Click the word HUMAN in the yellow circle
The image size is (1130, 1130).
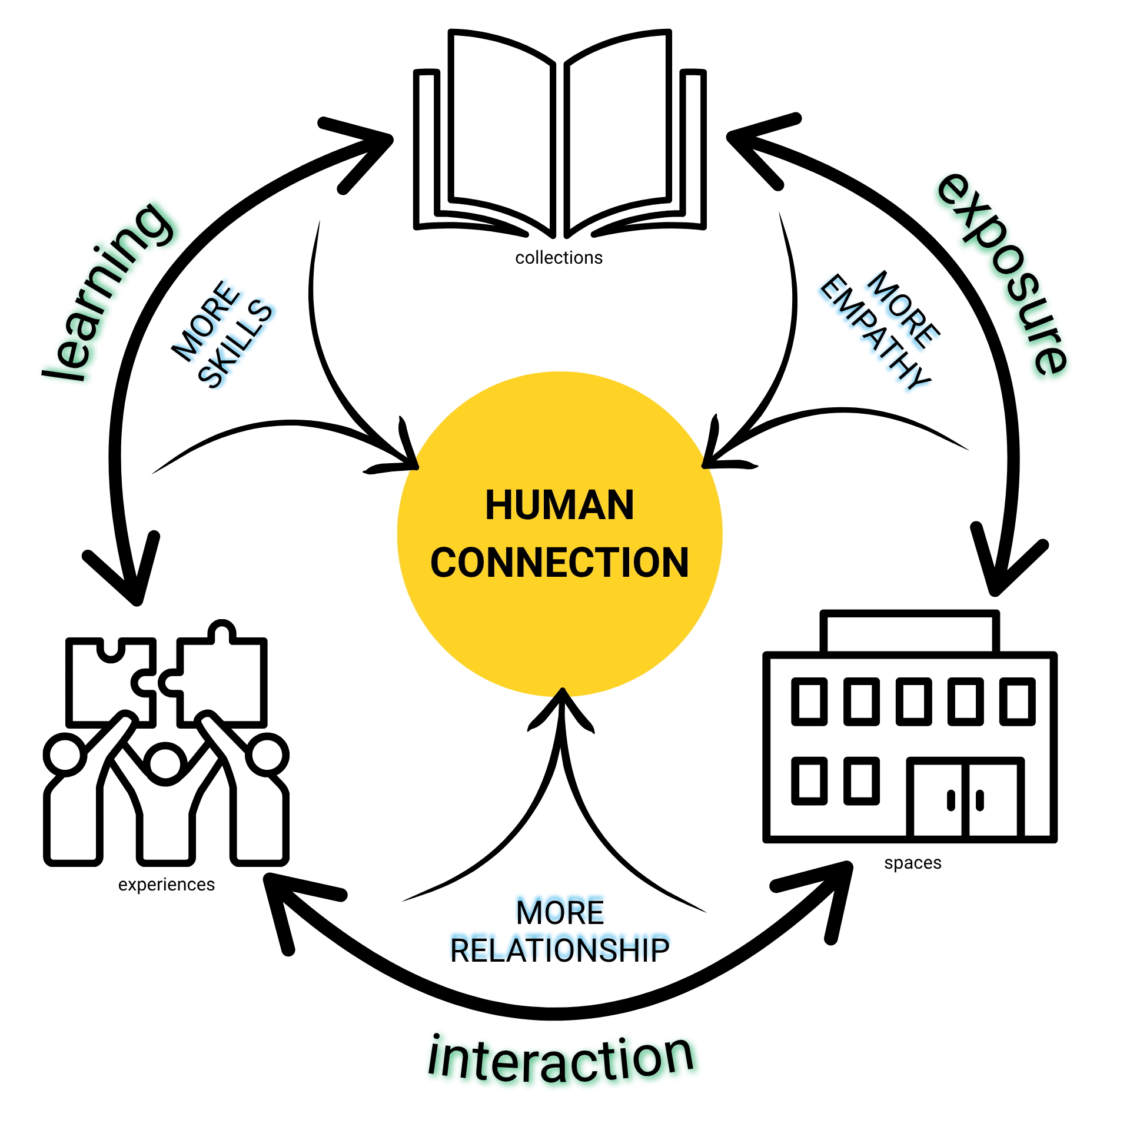tap(559, 505)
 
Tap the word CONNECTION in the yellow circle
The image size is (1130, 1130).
tap(559, 563)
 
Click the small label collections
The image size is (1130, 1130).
tap(559, 258)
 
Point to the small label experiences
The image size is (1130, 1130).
tap(167, 885)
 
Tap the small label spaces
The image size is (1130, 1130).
tap(912, 863)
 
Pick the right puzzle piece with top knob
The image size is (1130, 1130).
tap(221, 677)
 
